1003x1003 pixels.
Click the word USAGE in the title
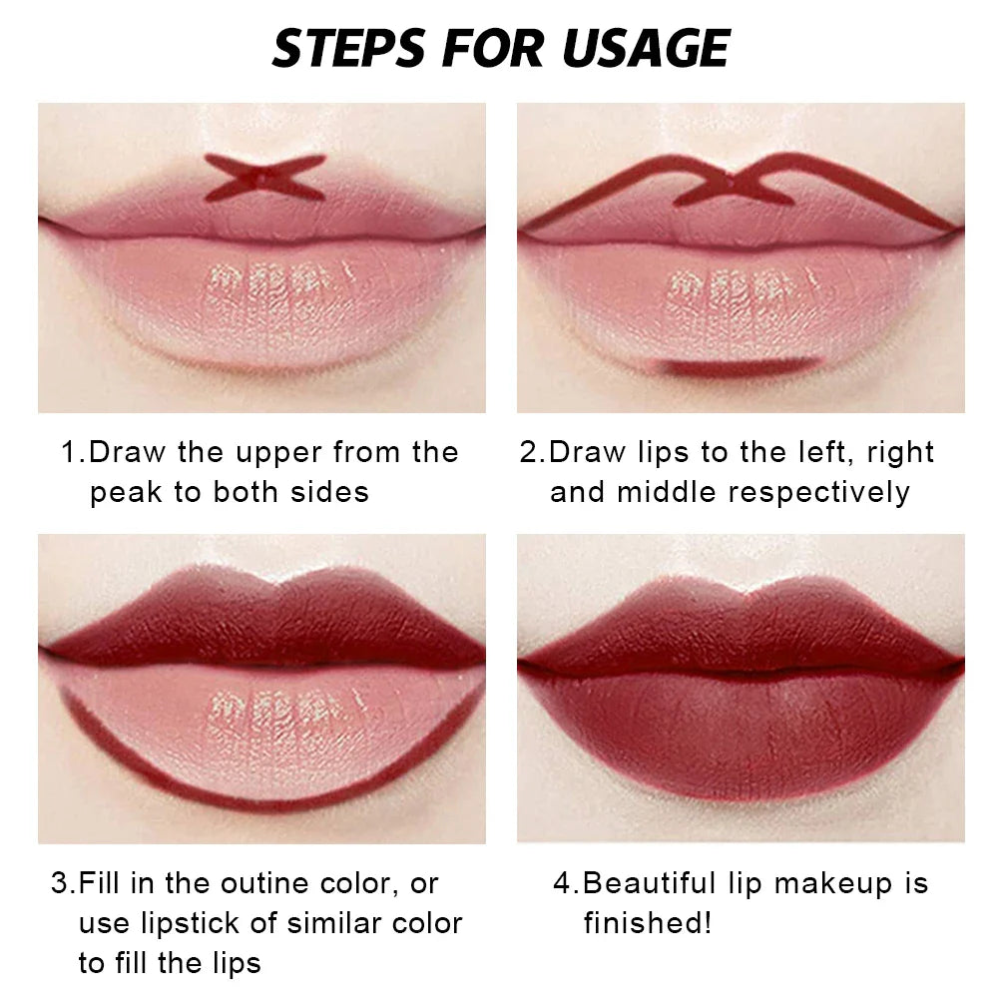click(643, 48)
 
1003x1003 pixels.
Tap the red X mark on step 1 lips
click(264, 178)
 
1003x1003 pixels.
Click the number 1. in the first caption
click(73, 452)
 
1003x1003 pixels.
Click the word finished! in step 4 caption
click(648, 923)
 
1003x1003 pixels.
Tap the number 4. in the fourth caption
click(566, 883)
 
